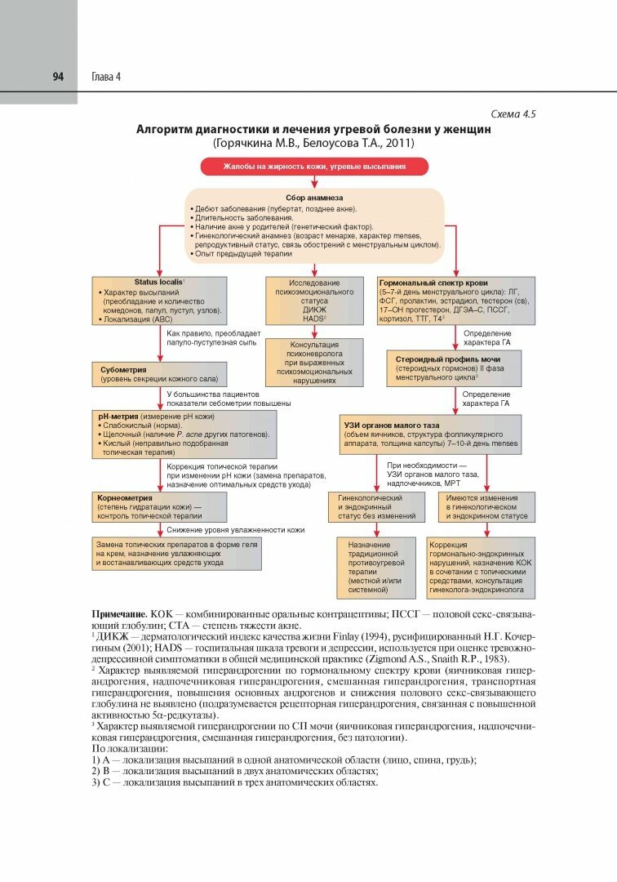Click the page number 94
pos(58,77)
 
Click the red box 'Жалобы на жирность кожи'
pos(314,167)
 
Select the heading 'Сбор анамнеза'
pos(314,198)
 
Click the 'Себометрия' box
pos(158,374)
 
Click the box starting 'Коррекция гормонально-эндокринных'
pos(480,566)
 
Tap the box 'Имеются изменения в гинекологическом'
pos(486,506)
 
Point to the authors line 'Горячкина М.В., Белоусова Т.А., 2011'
pos(313,144)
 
